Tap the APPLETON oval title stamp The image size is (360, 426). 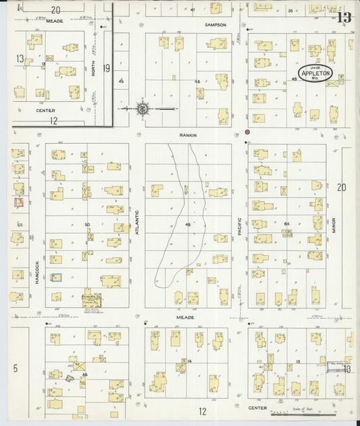click(315, 73)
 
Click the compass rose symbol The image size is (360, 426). click(143, 107)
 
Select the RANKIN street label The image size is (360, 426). click(188, 135)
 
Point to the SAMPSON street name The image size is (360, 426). click(215, 24)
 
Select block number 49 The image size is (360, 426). click(187, 225)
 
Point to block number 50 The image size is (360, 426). click(86, 224)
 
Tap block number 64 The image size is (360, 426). click(286, 223)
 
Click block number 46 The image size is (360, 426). click(197, 81)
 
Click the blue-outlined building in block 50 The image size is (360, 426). click(57, 277)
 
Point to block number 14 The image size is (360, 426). click(190, 362)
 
